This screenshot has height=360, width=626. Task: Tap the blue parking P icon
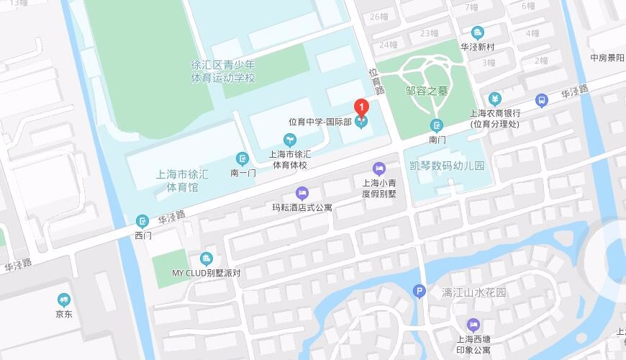pyautogui.click(x=419, y=292)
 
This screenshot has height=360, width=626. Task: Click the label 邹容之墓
pyautogui.click(x=427, y=91)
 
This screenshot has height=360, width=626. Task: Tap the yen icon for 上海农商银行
pyautogui.click(x=494, y=99)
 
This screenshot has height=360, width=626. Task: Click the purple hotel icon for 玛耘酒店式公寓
pyautogui.click(x=302, y=193)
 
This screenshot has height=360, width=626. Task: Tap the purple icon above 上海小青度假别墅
pyautogui.click(x=379, y=168)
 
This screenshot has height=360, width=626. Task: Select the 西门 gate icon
pyautogui.click(x=142, y=221)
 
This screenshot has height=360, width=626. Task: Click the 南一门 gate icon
pyautogui.click(x=243, y=158)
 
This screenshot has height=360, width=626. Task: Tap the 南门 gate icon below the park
pyautogui.click(x=437, y=125)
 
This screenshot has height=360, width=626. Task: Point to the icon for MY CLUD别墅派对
pyautogui.click(x=207, y=259)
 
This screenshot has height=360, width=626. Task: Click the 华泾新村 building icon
pyautogui.click(x=477, y=32)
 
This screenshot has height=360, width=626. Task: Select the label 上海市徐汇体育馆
pyautogui.click(x=182, y=181)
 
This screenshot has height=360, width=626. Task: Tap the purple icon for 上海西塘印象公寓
pyautogui.click(x=473, y=325)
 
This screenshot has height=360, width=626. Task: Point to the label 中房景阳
pyautogui.click(x=607, y=58)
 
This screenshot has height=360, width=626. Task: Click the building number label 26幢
pyautogui.click(x=378, y=17)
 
